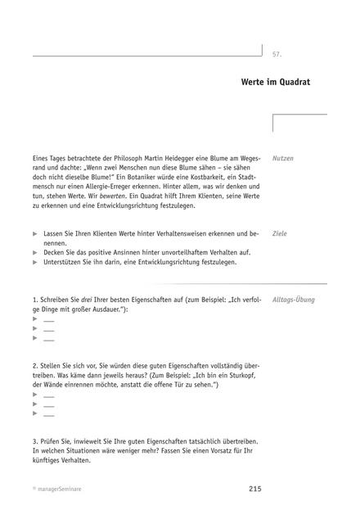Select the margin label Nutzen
click(x=283, y=157)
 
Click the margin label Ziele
click(x=280, y=233)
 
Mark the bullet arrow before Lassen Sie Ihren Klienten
click(x=35, y=234)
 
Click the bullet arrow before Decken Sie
click(x=35, y=253)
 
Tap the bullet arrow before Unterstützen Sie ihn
click(x=35, y=263)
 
